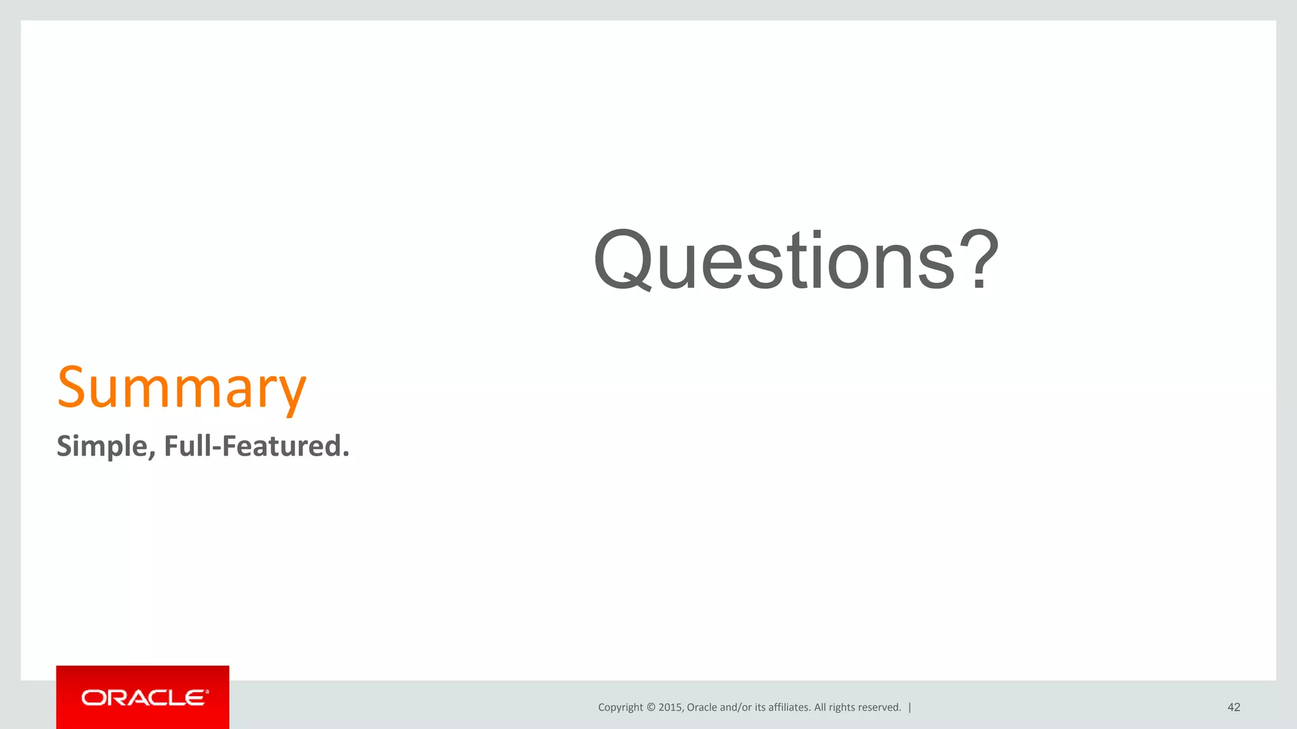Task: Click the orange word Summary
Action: coord(182,387)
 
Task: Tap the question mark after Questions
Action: coord(979,259)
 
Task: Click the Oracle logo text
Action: coord(143,698)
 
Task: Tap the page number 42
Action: coord(1234,707)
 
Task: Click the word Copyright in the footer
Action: coord(620,707)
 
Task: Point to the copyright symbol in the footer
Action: coord(651,707)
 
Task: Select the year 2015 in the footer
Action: coord(670,707)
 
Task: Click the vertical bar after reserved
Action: coord(910,707)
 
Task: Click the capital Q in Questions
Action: coord(622,261)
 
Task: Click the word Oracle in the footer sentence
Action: coord(702,707)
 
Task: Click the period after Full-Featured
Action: coord(346,454)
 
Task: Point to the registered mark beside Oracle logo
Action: coord(207,692)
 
